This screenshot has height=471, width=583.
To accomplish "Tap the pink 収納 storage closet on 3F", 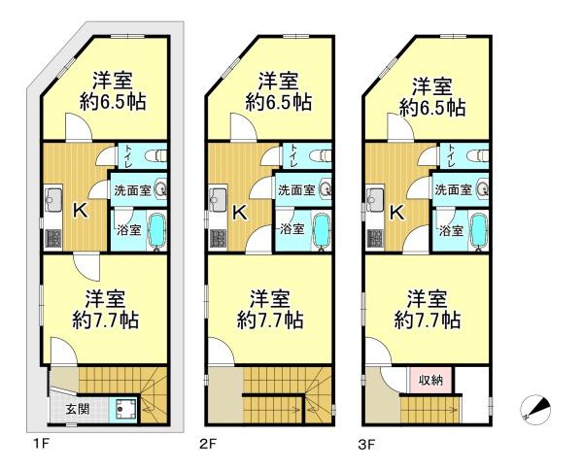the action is pos(430,380).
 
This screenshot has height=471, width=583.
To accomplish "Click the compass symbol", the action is pos(535,410).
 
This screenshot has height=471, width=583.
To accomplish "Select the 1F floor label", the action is pos(41,444).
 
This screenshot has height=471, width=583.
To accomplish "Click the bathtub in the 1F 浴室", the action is pos(156,231).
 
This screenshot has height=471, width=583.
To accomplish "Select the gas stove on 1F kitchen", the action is pos(53,238).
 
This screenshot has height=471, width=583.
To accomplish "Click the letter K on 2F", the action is pos(240,213).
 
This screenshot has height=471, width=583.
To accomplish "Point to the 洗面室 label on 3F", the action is pos(453,190).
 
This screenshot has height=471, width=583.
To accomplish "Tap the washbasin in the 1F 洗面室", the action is pos(161,190).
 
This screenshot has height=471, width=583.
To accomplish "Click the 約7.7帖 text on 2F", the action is pos(270,320).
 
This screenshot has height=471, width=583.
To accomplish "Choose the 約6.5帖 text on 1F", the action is pos(113,102).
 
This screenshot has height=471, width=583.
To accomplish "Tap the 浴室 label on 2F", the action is pos(292,229).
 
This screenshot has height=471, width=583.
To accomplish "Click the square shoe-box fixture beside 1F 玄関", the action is pos(123,410).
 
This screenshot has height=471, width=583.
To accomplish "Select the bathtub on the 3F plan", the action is pos(479,231).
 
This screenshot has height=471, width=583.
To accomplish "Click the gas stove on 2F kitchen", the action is pos(218,238).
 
